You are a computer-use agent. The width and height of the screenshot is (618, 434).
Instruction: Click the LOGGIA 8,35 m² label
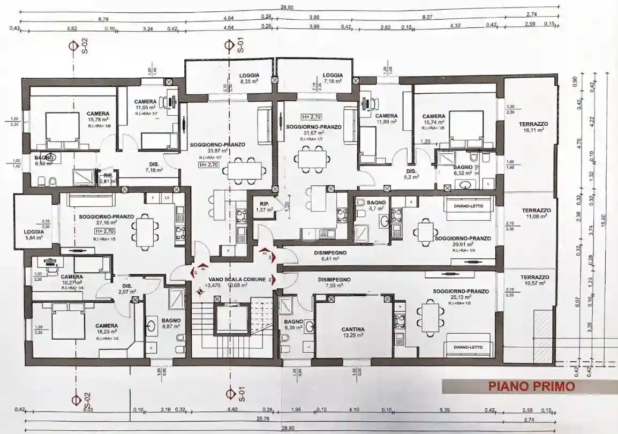(250, 79)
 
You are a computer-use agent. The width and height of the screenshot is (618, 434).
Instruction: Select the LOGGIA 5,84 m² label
(34, 234)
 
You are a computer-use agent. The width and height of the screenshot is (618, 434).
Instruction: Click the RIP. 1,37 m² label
(263, 207)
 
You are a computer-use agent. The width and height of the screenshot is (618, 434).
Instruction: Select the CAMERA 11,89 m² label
(386, 119)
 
